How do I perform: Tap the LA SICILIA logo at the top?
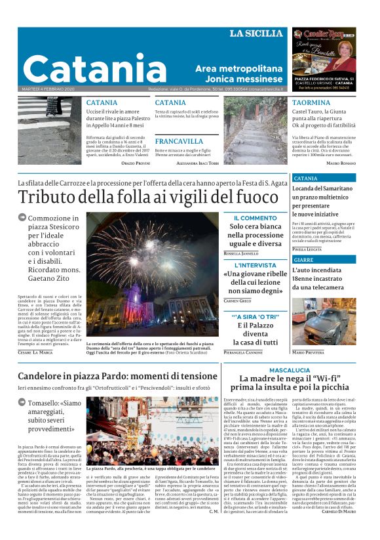[257, 33]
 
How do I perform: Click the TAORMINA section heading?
[311, 103]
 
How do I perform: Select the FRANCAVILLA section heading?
[179, 140]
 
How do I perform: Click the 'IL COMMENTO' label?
[255, 218]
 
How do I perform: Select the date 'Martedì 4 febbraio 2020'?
[47, 89]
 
